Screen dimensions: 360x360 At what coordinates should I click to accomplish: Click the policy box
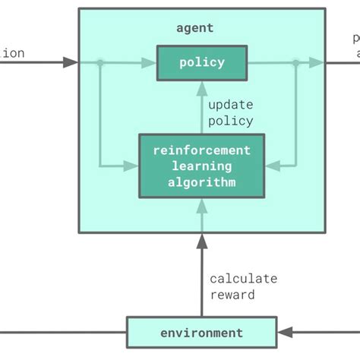pyautogui.click(x=202, y=62)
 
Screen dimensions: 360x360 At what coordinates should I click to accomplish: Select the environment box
pyautogui.click(x=201, y=333)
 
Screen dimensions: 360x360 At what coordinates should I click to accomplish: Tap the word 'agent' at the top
pyautogui.click(x=194, y=28)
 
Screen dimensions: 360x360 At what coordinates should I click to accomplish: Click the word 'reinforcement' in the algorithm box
pyautogui.click(x=201, y=150)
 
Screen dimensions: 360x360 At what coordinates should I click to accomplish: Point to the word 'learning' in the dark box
pyautogui.click(x=201, y=166)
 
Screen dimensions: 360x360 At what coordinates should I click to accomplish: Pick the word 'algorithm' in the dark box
pyautogui.click(x=201, y=182)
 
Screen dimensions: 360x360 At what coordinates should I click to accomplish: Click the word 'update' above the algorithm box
pyautogui.click(x=230, y=105)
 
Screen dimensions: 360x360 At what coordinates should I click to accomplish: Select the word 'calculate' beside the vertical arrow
pyautogui.click(x=243, y=279)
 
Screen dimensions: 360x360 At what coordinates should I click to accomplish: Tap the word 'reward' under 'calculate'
pyautogui.click(x=232, y=295)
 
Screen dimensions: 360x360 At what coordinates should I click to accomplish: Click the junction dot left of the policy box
pyautogui.click(x=99, y=62)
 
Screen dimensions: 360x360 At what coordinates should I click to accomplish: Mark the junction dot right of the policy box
pyautogui.click(x=295, y=62)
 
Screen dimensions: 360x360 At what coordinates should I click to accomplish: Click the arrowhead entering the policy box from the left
pyautogui.click(x=150, y=62)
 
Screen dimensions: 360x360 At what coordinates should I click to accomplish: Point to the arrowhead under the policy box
pyautogui.click(x=202, y=87)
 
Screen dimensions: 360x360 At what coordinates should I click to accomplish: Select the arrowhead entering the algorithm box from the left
pyautogui.click(x=132, y=164)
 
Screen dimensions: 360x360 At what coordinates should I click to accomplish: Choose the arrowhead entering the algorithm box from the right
pyautogui.click(x=271, y=164)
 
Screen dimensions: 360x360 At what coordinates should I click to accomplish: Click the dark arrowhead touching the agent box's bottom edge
pyautogui.click(x=202, y=241)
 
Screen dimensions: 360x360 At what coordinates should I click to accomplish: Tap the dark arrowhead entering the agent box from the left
pyautogui.click(x=71, y=62)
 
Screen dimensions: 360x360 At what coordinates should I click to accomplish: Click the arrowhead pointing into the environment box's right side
pyautogui.click(x=284, y=333)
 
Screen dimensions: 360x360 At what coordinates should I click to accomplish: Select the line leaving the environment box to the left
pyautogui.click(x=61, y=333)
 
